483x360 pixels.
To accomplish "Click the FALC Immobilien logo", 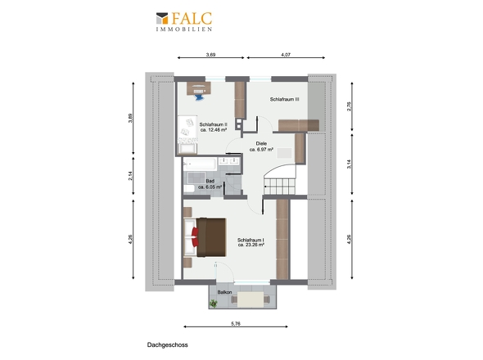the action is (x=184, y=21).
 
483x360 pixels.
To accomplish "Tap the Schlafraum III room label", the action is (x=285, y=100).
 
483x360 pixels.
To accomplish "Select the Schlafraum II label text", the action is (x=214, y=124).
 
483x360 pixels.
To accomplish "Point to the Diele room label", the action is (x=261, y=143).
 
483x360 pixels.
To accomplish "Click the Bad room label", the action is (x=210, y=181).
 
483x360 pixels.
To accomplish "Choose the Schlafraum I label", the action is (x=251, y=240).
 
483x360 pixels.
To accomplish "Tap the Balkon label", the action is (x=224, y=292).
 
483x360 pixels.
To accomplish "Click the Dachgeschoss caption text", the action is (x=167, y=345).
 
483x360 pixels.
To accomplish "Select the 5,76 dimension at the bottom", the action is (x=236, y=324).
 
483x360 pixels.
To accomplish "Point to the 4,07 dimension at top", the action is (x=286, y=55).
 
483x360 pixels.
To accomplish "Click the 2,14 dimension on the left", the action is (x=131, y=176).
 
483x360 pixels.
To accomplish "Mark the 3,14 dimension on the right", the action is (x=349, y=164).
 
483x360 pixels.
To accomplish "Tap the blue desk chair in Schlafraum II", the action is (x=199, y=97).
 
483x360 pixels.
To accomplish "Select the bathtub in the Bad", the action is (x=201, y=164).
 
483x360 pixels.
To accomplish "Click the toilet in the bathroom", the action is (x=189, y=189).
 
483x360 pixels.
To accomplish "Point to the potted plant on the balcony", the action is (x=213, y=304).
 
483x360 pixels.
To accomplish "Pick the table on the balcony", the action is (x=251, y=299).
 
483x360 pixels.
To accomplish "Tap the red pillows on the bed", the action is (x=195, y=236).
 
